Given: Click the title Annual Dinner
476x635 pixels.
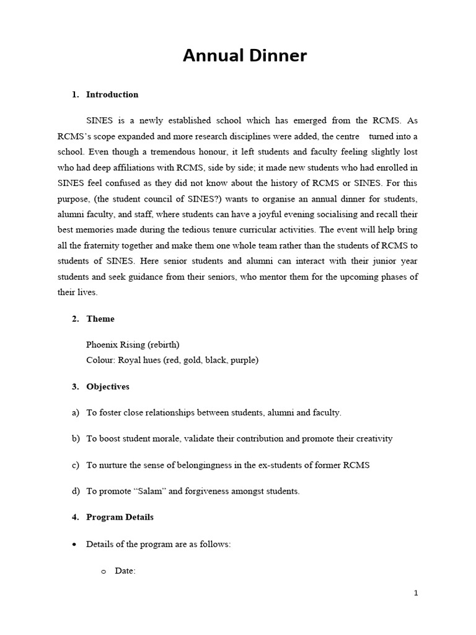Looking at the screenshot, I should (244, 56).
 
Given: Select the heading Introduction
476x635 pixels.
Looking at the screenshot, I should (112, 95).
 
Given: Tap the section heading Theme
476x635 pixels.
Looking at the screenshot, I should (100, 319).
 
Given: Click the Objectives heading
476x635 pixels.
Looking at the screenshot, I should (108, 387).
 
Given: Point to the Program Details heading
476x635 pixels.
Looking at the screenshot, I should (120, 517).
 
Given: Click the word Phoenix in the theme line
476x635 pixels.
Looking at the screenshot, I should (101, 345).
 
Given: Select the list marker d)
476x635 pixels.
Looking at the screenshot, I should (76, 491).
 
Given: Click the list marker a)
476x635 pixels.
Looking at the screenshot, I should (76, 413).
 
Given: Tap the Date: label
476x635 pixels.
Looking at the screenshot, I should (125, 571).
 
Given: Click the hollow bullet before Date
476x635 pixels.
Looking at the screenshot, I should (104, 571).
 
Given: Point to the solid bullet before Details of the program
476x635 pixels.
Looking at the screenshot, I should (75, 544).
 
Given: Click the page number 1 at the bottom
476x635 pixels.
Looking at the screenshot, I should (416, 593).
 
